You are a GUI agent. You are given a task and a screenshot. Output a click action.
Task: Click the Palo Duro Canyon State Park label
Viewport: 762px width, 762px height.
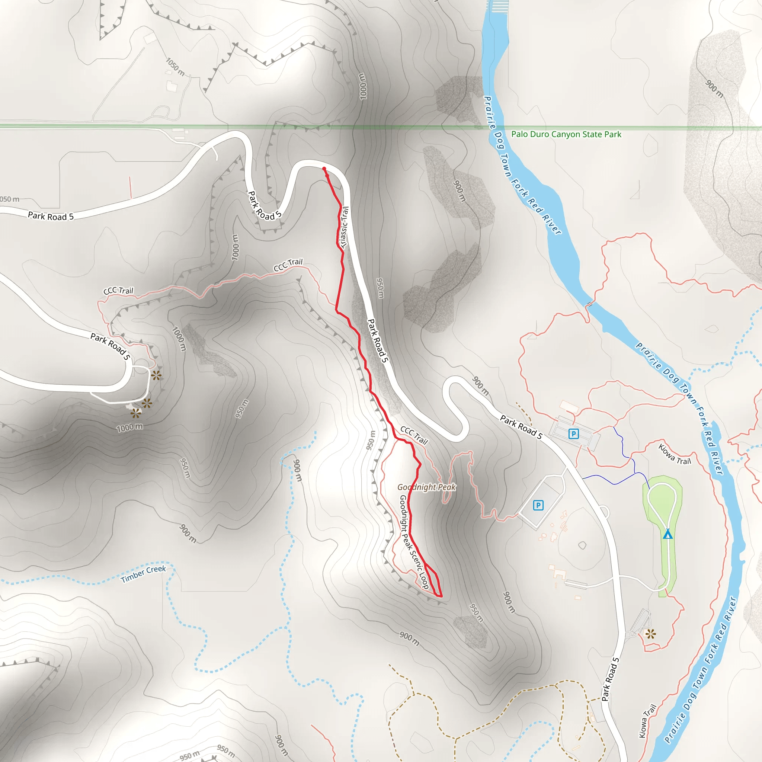pos(566,134)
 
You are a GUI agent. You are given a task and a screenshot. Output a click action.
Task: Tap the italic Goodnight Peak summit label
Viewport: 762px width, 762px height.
pos(426,487)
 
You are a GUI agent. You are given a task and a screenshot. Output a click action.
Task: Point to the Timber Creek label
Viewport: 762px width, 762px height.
pos(144,573)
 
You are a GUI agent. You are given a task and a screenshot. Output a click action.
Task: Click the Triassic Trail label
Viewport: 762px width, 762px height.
pos(344,228)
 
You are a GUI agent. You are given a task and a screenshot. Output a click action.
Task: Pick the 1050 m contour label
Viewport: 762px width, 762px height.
pos(175,67)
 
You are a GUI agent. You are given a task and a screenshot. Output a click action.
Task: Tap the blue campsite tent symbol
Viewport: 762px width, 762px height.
pos(667,534)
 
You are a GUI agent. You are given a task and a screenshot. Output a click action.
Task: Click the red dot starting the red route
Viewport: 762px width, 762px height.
pos(324,169)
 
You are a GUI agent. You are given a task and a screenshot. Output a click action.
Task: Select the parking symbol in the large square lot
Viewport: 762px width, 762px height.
pos(538,505)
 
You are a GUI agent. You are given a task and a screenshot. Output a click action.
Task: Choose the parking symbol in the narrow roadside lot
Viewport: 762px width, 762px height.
pos(573,434)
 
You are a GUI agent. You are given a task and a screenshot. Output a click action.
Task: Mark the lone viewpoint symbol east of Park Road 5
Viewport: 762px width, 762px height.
pos(650,634)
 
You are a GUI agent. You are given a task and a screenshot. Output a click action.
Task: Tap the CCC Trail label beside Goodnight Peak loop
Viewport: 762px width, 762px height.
pos(414,435)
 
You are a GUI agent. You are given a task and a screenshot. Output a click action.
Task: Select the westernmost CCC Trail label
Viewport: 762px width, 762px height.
pos(118,291)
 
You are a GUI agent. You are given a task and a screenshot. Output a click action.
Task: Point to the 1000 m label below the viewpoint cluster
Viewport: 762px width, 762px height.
pos(130,428)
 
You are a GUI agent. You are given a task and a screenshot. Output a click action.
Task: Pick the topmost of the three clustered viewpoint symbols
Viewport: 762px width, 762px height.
pos(156,375)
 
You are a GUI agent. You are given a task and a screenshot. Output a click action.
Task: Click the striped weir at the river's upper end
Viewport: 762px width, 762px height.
pos(498,6)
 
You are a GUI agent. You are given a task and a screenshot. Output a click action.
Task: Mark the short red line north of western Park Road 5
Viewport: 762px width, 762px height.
pos(130,188)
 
